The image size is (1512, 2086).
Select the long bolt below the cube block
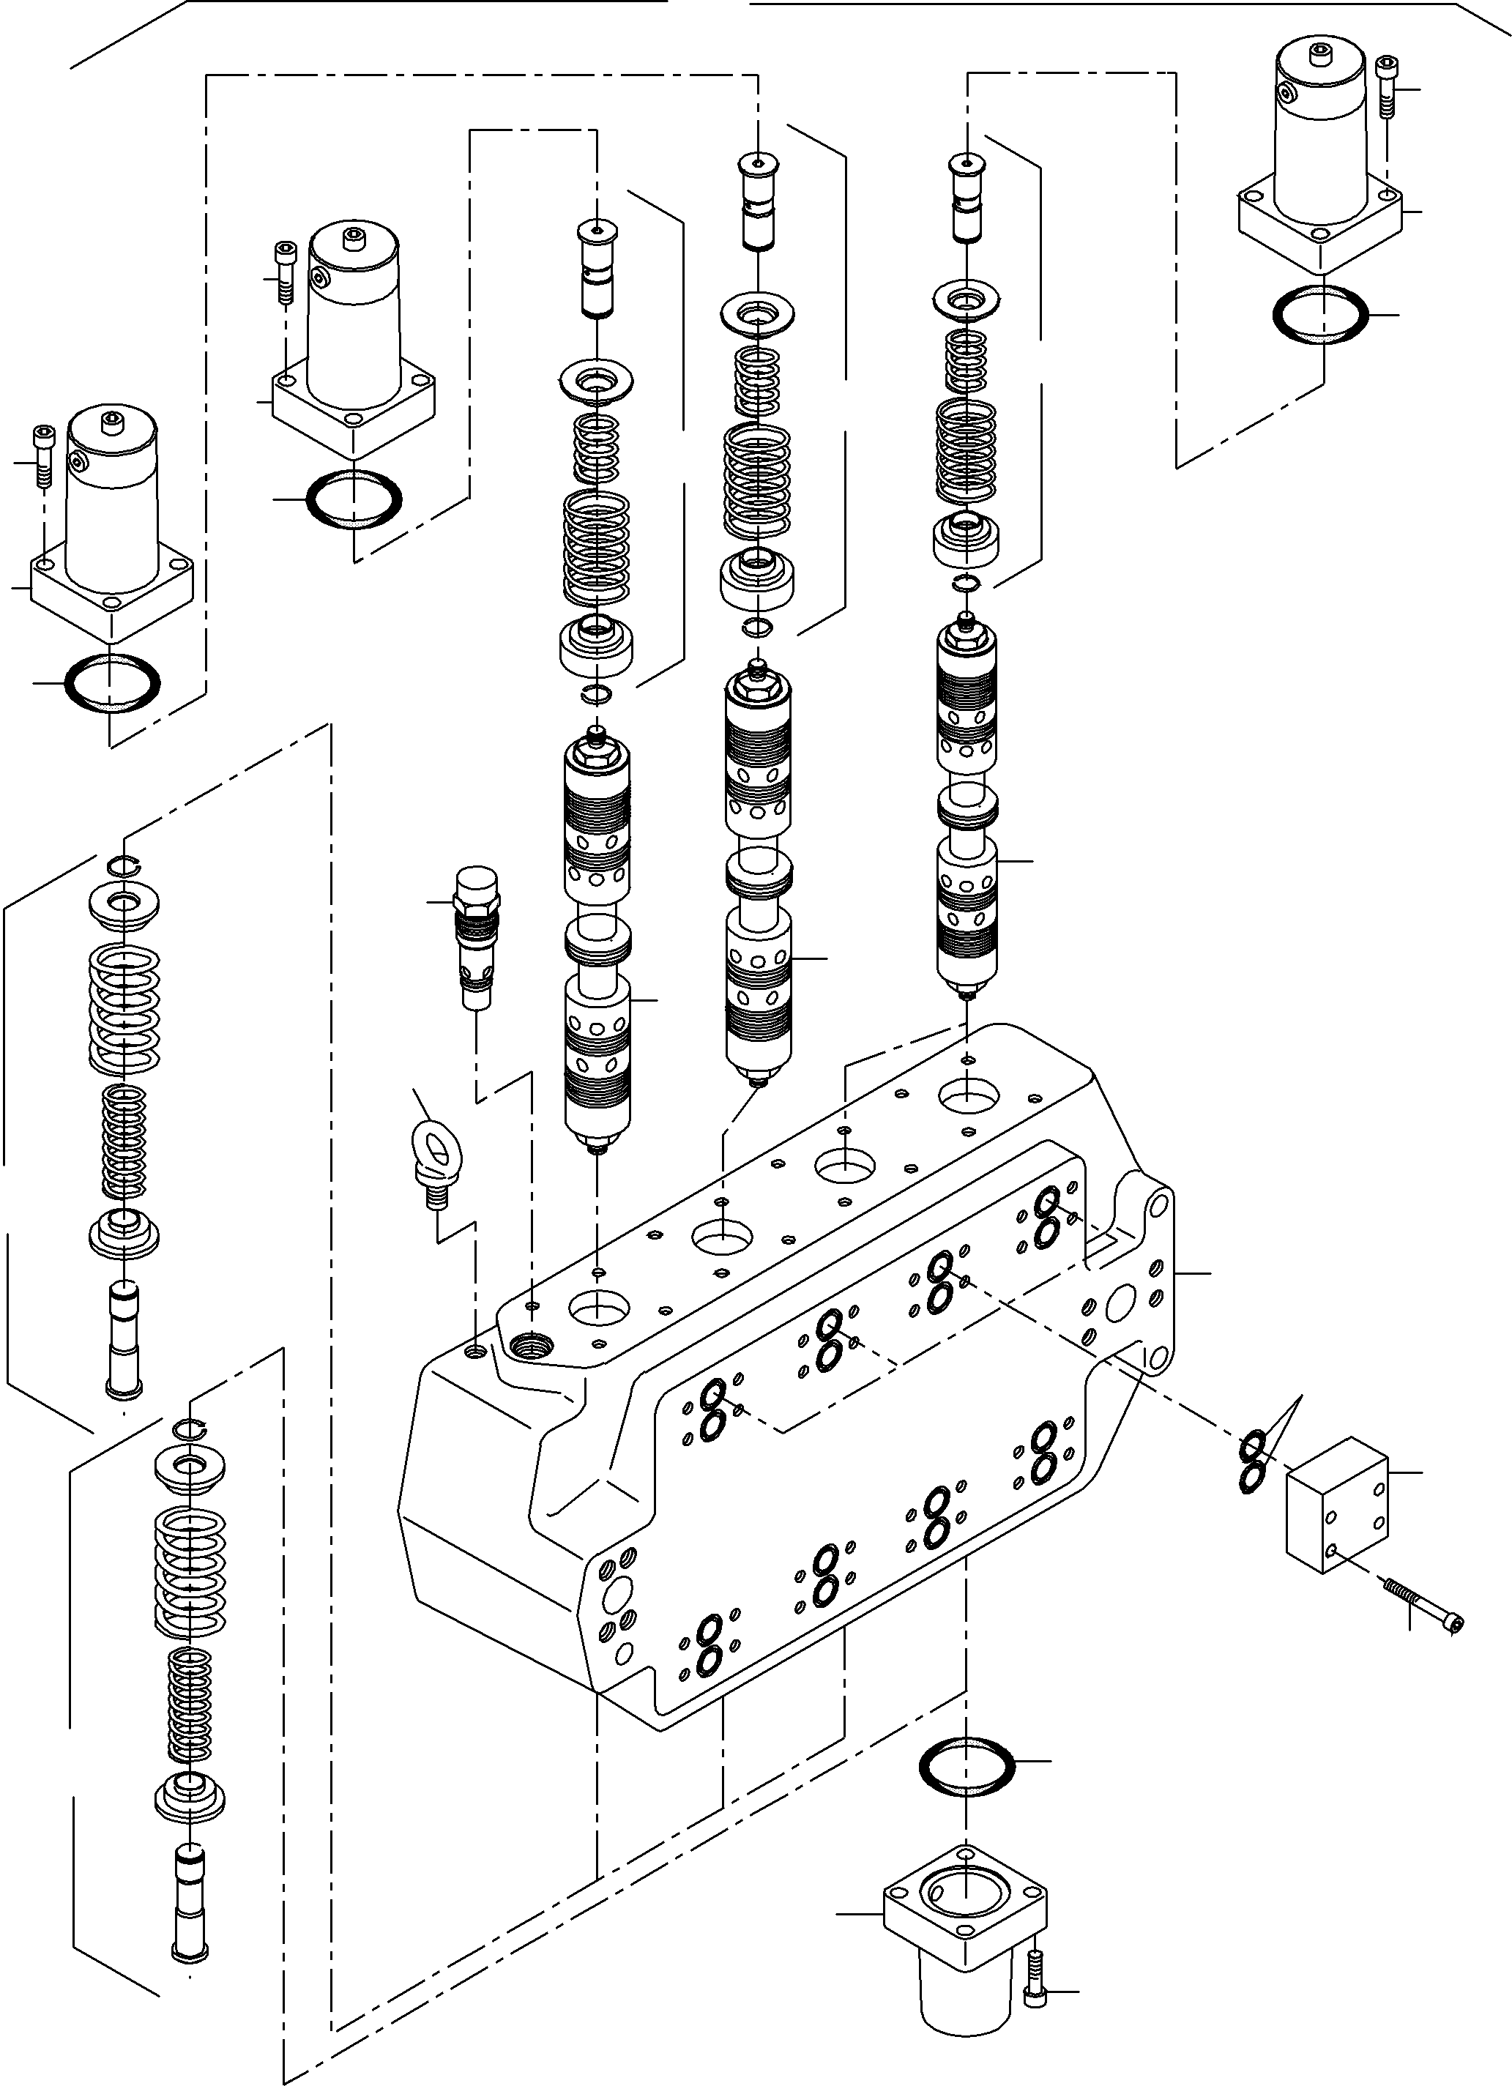click(1422, 1605)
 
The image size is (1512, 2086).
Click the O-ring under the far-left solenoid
click(111, 682)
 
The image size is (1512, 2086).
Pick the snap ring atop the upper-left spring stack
click(122, 862)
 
